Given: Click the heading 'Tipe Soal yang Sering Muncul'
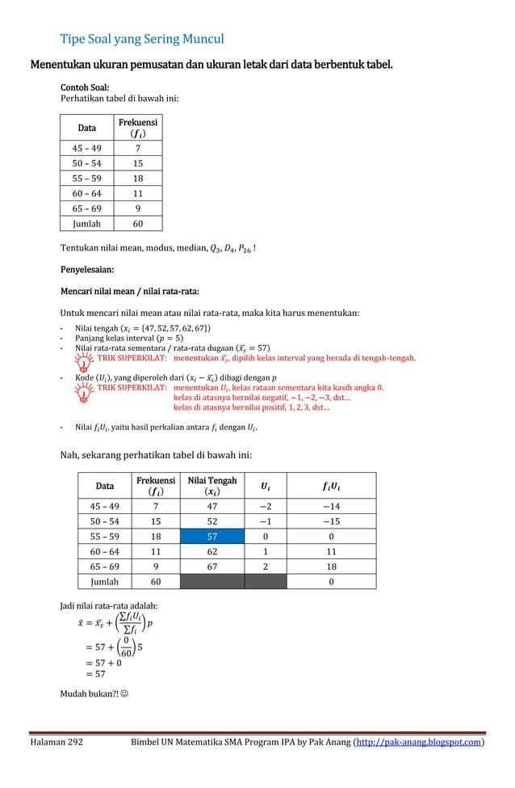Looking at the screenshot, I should pyautogui.click(x=142, y=39).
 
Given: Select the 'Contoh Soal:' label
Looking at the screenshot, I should pyautogui.click(x=85, y=87).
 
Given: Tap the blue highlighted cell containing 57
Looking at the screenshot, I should pyautogui.click(x=211, y=536).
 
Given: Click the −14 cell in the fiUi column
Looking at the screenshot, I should pyautogui.click(x=331, y=506).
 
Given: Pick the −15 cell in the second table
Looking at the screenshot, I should pyautogui.click(x=331, y=521).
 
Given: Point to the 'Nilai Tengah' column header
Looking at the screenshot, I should pyautogui.click(x=211, y=486).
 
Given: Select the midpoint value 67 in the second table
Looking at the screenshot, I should pyautogui.click(x=211, y=567).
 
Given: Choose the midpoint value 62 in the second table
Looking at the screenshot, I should pyautogui.click(x=211, y=551).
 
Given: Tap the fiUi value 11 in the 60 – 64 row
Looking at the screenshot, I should pyautogui.click(x=331, y=551).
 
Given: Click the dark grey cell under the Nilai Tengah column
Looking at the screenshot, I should pyautogui.click(x=211, y=582).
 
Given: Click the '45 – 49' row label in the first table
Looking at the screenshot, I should pyautogui.click(x=87, y=148).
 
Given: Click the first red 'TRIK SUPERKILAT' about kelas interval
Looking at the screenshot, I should pyautogui.click(x=132, y=357).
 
